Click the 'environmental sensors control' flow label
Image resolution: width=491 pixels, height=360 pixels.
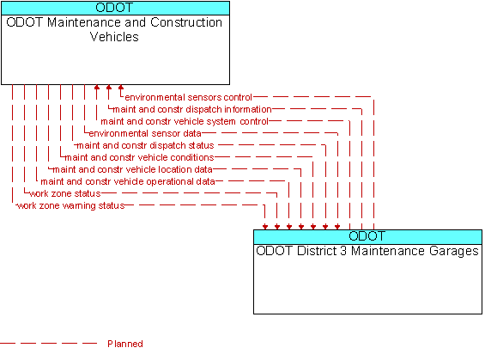(x=189, y=97)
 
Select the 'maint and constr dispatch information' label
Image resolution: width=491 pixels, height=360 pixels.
(x=192, y=109)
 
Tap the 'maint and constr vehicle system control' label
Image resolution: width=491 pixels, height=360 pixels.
(x=185, y=121)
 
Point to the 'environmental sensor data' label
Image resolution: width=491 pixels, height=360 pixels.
(x=145, y=133)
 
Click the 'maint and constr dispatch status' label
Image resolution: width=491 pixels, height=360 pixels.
(x=145, y=146)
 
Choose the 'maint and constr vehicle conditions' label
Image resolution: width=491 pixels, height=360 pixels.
(x=139, y=157)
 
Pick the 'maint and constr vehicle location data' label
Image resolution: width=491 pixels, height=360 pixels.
(x=132, y=170)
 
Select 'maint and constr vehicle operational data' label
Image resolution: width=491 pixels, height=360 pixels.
(x=128, y=182)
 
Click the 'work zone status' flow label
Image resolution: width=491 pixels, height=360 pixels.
(x=65, y=193)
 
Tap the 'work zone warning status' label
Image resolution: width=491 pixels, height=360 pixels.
(x=70, y=206)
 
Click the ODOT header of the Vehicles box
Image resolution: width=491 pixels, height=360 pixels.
(x=115, y=8)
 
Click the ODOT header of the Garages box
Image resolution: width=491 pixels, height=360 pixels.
(x=367, y=237)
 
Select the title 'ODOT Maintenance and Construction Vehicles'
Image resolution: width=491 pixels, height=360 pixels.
(x=114, y=29)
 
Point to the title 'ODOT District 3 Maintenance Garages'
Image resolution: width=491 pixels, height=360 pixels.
(x=367, y=251)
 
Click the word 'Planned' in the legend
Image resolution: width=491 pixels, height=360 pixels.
(x=125, y=344)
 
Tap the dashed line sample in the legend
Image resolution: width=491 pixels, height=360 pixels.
(x=49, y=344)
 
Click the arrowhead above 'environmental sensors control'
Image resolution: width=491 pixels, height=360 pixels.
(x=121, y=88)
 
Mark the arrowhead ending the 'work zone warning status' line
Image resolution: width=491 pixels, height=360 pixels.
(x=265, y=227)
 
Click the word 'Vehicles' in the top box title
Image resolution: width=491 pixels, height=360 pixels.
(x=114, y=37)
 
